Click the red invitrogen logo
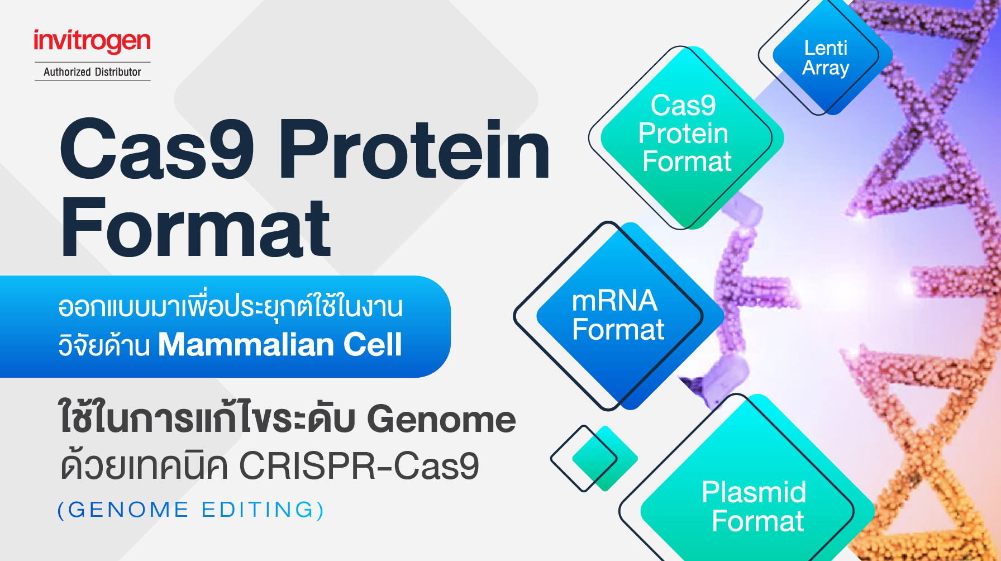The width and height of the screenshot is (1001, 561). [x=92, y=41]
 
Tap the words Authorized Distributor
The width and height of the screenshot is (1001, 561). [x=92, y=72]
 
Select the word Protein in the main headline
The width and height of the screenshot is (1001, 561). [x=414, y=150]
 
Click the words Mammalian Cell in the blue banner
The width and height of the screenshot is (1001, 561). [x=280, y=344]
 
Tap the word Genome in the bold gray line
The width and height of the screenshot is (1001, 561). [x=441, y=419]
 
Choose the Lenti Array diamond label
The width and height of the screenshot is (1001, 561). [x=826, y=58]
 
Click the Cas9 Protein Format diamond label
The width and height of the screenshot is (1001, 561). [x=685, y=134]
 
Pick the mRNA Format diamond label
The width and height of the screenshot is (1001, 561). [x=618, y=315]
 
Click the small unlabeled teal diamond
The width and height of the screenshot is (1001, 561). [x=603, y=458]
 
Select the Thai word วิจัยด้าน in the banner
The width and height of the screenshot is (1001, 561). [x=104, y=344]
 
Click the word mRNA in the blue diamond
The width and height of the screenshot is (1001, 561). [x=614, y=301]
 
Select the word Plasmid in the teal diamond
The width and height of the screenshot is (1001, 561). [x=754, y=492]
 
